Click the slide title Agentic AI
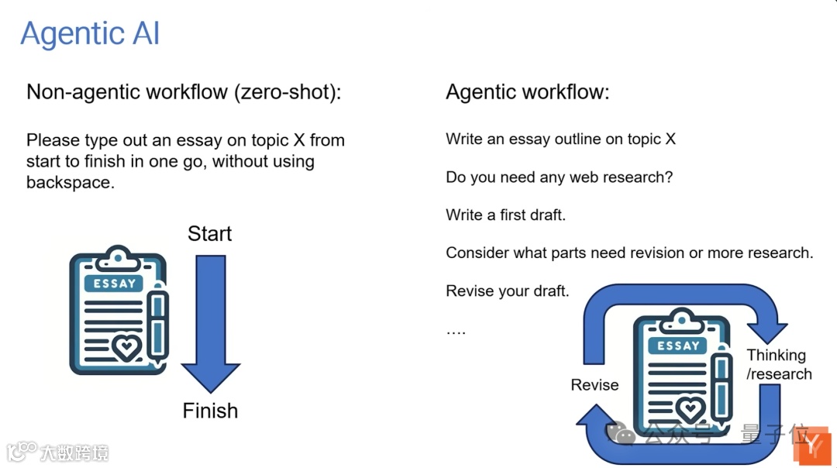click(90, 34)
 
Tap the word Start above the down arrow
click(209, 234)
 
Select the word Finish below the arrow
click(210, 411)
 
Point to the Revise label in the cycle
click(594, 385)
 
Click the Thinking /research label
click(778, 365)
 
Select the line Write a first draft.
click(505, 215)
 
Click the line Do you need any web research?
click(559, 177)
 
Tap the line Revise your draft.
click(507, 291)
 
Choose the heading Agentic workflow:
click(527, 92)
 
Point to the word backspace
click(70, 183)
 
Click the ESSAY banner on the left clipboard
click(115, 284)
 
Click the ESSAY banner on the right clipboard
click(678, 346)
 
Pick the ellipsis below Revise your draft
click(456, 331)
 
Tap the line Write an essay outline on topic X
click(560, 139)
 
